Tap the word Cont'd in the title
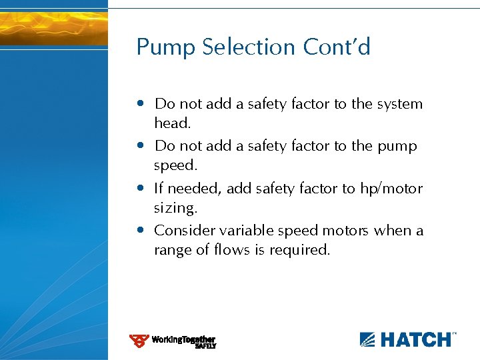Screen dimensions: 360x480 [x=337, y=47]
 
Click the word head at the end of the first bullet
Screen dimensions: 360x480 [x=172, y=123]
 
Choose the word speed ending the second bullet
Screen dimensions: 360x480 [x=174, y=165]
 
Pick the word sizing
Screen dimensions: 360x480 [x=175, y=207]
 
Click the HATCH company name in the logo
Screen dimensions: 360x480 [x=415, y=340]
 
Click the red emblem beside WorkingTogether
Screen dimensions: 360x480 [x=139, y=341]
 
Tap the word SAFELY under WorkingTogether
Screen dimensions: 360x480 [x=205, y=346]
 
